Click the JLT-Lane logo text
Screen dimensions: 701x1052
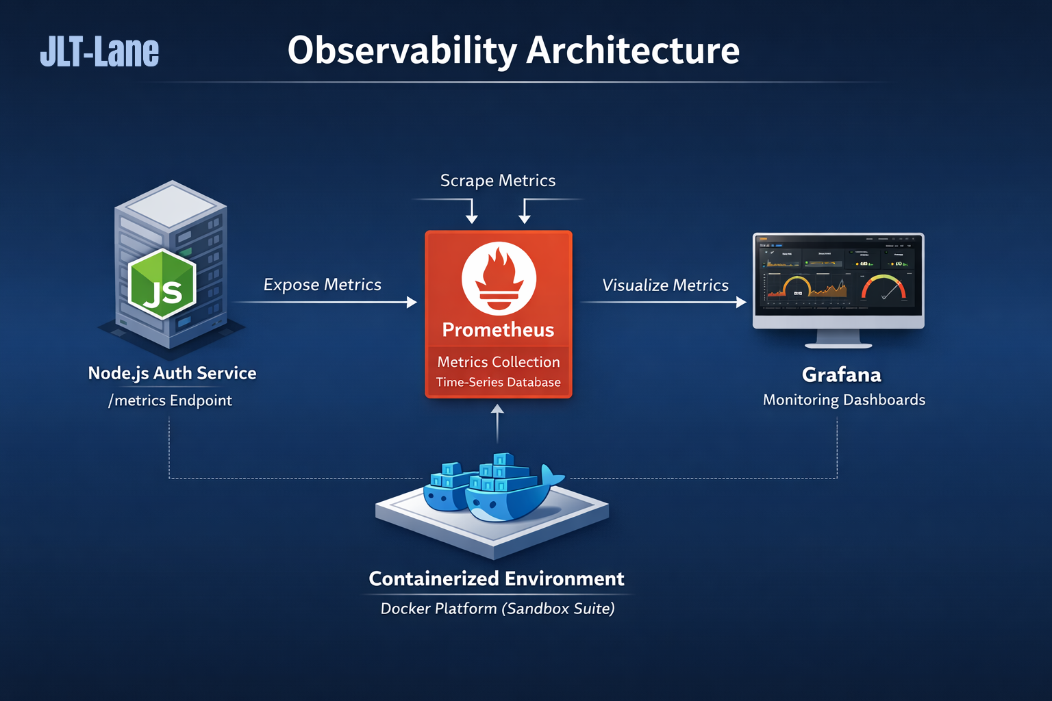[99, 52]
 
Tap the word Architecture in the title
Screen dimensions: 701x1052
[633, 51]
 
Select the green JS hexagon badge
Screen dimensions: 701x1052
[162, 284]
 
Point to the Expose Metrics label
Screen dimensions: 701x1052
[322, 285]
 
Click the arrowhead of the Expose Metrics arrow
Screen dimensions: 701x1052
[412, 302]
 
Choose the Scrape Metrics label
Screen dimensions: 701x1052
[498, 181]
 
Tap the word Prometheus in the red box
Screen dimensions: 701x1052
[498, 330]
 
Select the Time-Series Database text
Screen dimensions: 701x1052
[498, 383]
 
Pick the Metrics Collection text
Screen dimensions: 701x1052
[498, 362]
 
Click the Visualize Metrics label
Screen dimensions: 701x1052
[665, 285]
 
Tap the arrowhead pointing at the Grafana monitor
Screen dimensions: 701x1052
[741, 302]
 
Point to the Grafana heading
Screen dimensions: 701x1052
[842, 375]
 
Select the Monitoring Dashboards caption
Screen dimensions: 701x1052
[844, 400]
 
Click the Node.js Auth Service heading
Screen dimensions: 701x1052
[172, 373]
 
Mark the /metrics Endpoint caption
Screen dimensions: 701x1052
[170, 400]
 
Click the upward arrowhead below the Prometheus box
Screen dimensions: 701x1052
[498, 409]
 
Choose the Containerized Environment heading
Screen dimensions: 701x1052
[497, 579]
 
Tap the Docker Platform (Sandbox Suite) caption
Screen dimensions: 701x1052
[497, 609]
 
